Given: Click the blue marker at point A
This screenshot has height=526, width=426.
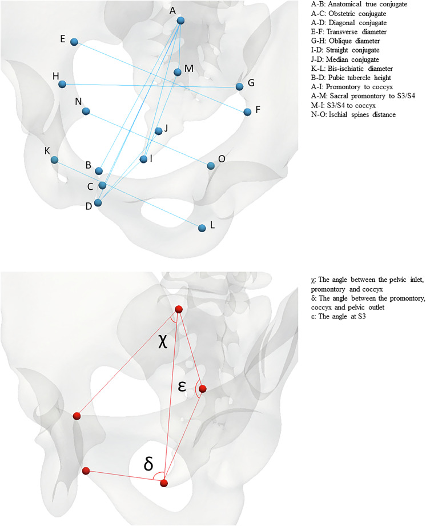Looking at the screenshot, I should [x=180, y=21].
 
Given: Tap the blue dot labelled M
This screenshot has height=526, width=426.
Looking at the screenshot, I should [x=178, y=72].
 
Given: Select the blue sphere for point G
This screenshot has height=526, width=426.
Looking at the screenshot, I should [x=240, y=86].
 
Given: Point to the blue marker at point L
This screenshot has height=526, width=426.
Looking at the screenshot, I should [x=202, y=228].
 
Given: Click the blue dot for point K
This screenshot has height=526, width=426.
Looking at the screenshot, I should [x=54, y=160].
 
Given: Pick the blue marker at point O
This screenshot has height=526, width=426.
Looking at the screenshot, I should [x=211, y=166].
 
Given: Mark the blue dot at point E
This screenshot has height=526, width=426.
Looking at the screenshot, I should [x=74, y=42].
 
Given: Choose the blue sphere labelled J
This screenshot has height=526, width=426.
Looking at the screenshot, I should [x=159, y=131].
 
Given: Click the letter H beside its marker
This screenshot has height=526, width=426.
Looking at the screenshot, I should [x=55, y=76].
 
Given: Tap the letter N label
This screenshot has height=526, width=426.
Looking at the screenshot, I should [x=78, y=101].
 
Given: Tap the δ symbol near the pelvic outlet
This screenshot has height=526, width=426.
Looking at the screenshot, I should [x=148, y=464].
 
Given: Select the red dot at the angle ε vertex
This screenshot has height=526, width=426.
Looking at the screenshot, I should [x=202, y=389].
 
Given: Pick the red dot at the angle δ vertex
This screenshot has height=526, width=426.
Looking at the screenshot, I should [x=164, y=483].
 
